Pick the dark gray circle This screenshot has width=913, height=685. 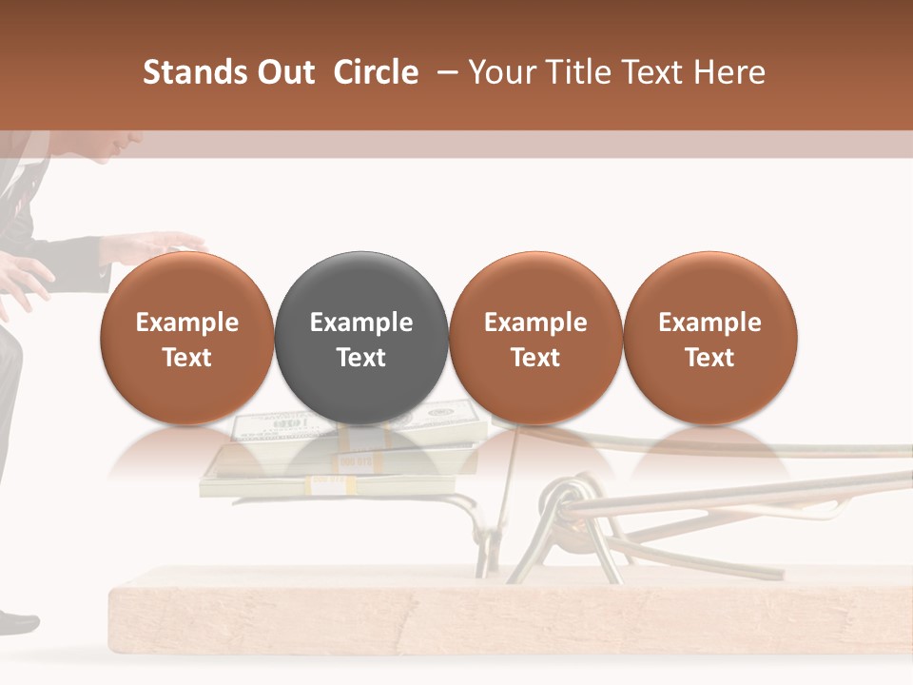click(361, 338)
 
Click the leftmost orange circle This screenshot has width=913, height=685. click(187, 338)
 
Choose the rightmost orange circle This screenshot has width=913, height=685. click(709, 338)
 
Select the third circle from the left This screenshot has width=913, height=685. click(535, 338)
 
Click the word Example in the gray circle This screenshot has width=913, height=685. click(361, 323)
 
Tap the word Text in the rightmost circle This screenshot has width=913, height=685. click(709, 358)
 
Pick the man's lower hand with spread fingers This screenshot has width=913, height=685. click(24, 281)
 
